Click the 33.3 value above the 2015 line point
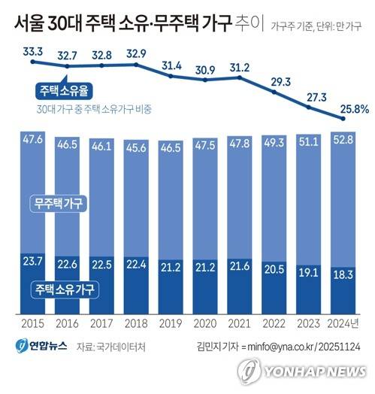click(33, 52)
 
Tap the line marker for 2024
click(343, 119)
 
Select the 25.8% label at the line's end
click(355, 109)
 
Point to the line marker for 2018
click(136, 65)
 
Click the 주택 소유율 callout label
click(64, 91)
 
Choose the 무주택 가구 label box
click(59, 204)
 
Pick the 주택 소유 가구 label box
click(65, 289)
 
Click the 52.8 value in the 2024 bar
click(343, 139)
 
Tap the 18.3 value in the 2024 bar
click(343, 275)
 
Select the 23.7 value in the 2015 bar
click(33, 262)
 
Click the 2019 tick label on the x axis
click(171, 323)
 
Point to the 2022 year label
click(274, 323)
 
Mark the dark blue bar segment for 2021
click(240, 286)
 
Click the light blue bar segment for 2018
click(136, 199)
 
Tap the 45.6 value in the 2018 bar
click(136, 147)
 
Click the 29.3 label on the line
click(281, 82)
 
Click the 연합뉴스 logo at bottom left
click(41, 347)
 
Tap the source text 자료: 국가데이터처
click(111, 347)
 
